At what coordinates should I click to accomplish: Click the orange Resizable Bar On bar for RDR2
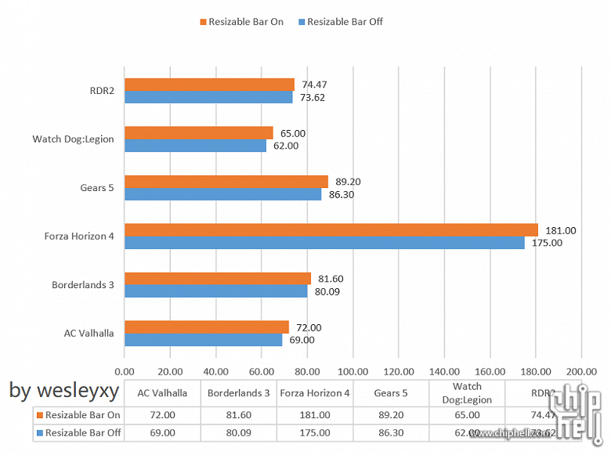(x=209, y=85)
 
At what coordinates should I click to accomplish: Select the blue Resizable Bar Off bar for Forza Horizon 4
(x=324, y=243)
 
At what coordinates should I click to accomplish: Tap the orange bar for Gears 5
(x=226, y=182)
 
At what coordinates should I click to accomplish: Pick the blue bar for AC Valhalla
(x=203, y=340)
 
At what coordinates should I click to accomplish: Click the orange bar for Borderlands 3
(x=218, y=278)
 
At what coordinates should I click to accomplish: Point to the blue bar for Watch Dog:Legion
(x=195, y=146)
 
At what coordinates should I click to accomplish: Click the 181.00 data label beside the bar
(x=560, y=230)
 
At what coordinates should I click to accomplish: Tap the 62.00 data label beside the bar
(x=285, y=146)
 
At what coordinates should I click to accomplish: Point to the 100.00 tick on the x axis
(x=352, y=372)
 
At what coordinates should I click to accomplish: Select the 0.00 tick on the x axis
(x=125, y=372)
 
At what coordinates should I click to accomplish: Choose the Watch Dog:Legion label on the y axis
(x=73, y=139)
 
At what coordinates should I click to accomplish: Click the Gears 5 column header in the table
(x=392, y=393)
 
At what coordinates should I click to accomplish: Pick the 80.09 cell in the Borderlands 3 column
(x=239, y=432)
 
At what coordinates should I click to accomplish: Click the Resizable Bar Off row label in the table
(x=82, y=432)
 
